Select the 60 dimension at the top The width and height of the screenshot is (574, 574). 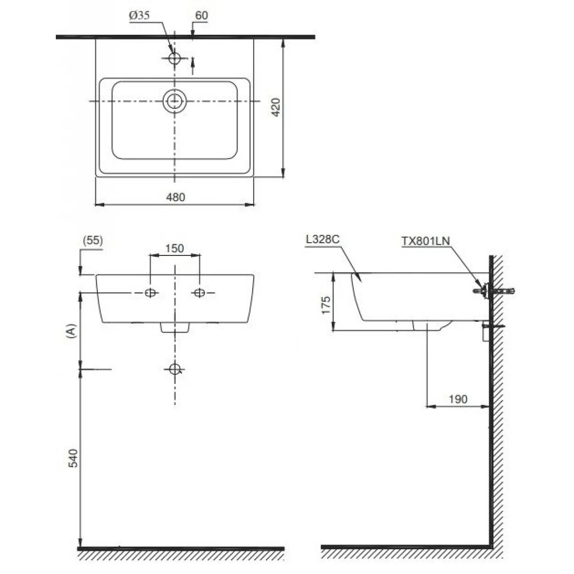tap(201, 16)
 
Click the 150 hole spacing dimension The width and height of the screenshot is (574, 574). tap(175, 249)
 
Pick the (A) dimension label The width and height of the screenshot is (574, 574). tap(72, 331)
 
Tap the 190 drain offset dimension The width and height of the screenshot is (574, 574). tap(458, 399)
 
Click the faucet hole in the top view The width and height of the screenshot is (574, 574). tap(175, 58)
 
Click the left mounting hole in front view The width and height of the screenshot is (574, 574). tap(150, 293)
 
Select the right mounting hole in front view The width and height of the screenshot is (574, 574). tap(199, 293)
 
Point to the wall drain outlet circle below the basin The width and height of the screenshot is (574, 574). tap(175, 369)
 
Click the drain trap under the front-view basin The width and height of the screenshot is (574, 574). tap(174, 328)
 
